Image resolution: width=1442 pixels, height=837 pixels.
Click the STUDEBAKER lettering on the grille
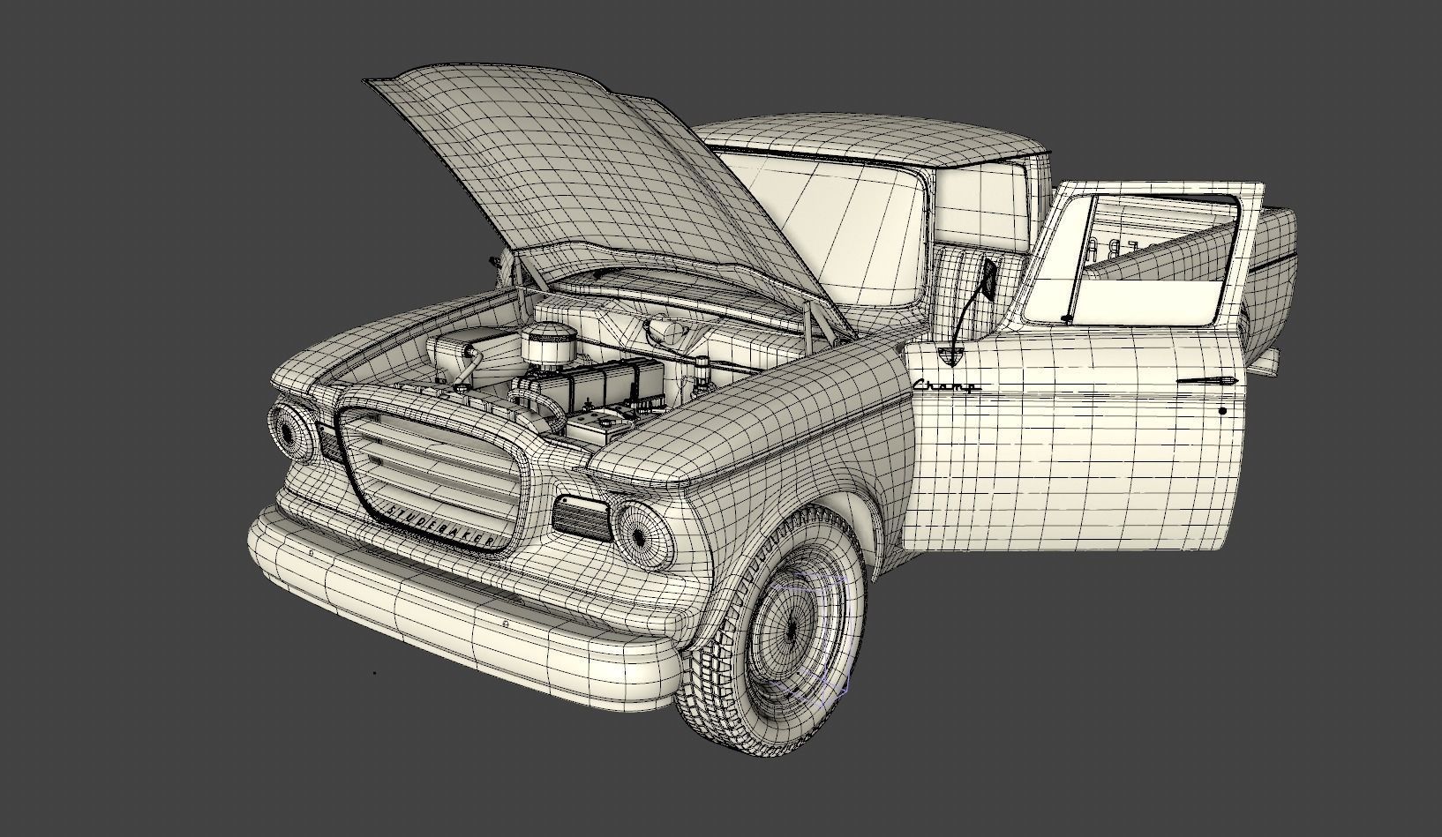439,525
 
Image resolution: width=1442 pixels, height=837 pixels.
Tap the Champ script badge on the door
945,385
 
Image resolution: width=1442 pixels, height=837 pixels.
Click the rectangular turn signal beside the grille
582,518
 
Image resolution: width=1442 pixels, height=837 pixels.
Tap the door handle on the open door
1208,380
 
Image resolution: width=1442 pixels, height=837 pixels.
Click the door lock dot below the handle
1222,410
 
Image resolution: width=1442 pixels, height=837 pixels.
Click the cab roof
874,141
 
